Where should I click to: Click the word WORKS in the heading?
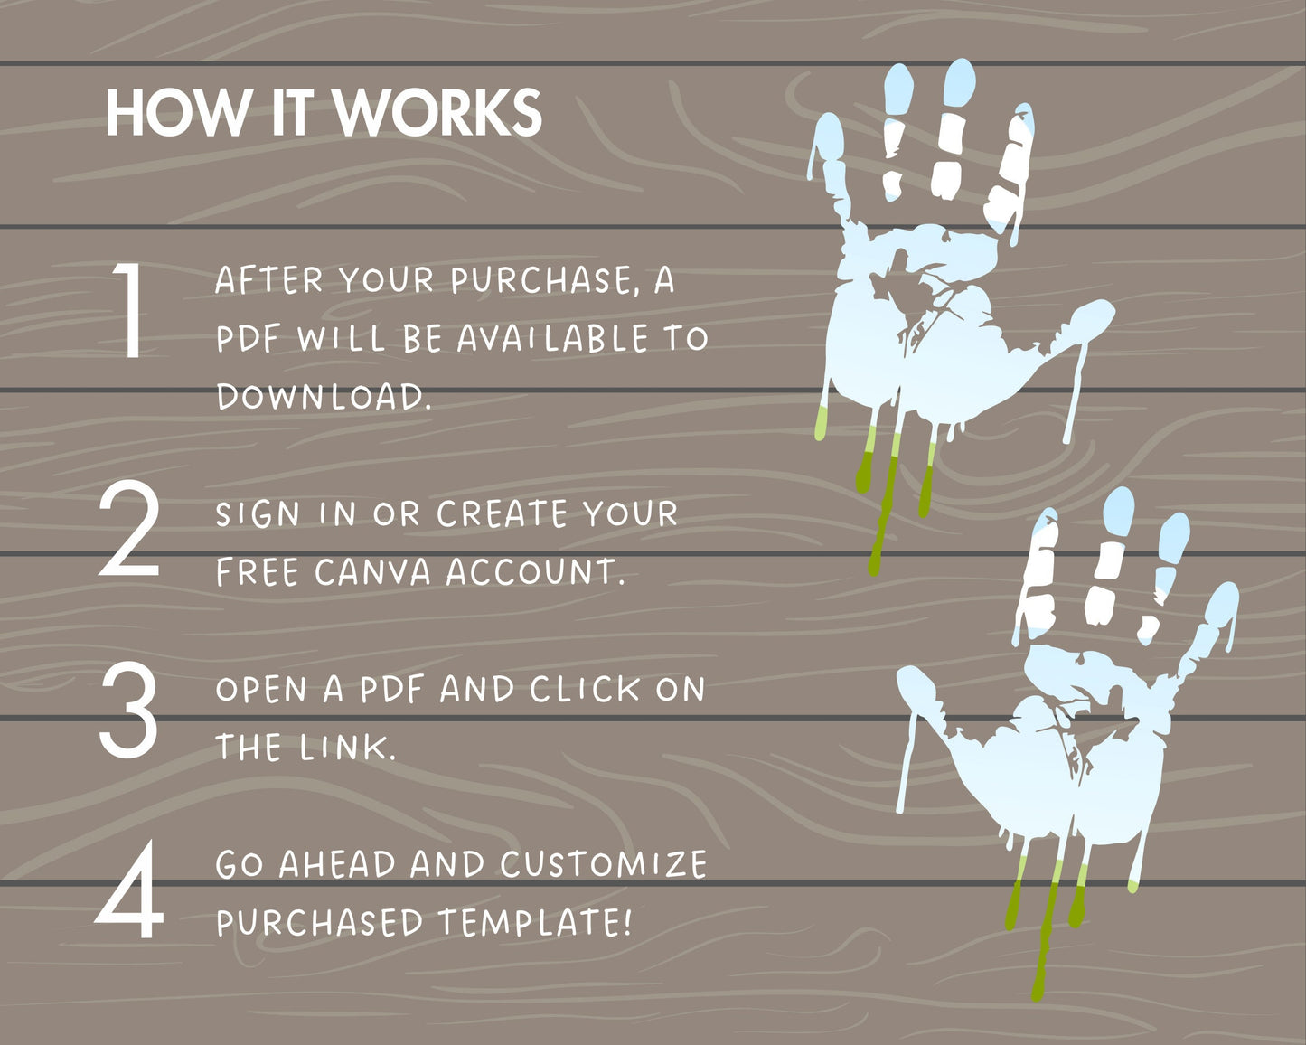pyautogui.click(x=437, y=113)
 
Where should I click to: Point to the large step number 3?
pyautogui.click(x=128, y=711)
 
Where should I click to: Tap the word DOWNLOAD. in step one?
pyautogui.click(x=324, y=397)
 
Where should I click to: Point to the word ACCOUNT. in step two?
pyautogui.click(x=535, y=572)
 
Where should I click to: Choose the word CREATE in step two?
pyautogui.click(x=503, y=513)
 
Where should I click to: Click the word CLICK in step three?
pyautogui.click(x=585, y=689)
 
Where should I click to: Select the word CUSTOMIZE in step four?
pyautogui.click(x=604, y=864)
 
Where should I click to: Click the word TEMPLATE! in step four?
pyautogui.click(x=535, y=922)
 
